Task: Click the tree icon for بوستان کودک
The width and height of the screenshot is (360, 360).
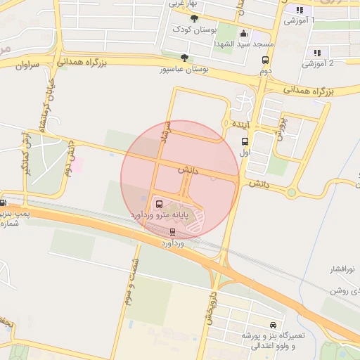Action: tap(194, 19)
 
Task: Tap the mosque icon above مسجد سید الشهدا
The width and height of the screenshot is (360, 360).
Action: tap(243, 33)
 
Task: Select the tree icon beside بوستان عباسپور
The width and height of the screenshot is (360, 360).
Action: tap(184, 58)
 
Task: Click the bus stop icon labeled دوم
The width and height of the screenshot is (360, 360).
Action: tap(265, 60)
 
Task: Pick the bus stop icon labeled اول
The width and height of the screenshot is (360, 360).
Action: tap(244, 141)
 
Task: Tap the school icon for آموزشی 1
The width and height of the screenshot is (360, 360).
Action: tap(300, 10)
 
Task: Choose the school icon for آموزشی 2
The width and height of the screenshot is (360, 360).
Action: tap(317, 52)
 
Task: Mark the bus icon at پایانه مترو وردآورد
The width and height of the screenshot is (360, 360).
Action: tap(157, 204)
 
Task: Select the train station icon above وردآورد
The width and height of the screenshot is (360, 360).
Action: tap(173, 232)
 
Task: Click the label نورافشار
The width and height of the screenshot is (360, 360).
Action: tap(344, 269)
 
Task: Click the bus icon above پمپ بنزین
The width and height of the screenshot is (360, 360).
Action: tap(3, 202)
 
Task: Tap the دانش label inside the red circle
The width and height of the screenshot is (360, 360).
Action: tap(186, 170)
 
